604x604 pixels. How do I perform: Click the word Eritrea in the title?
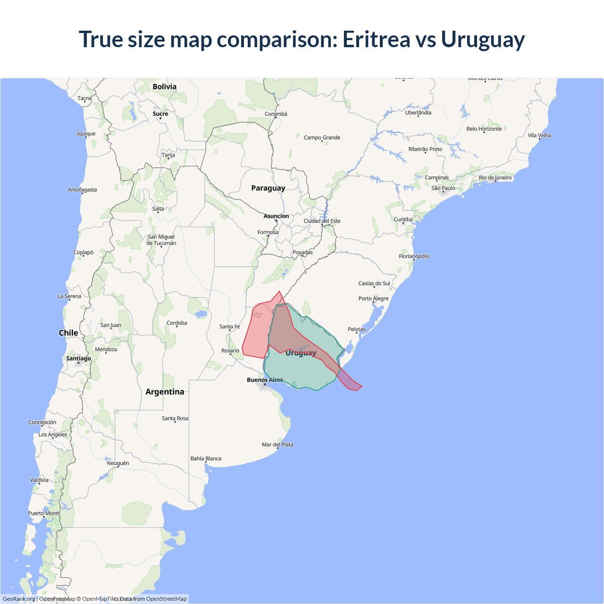click(x=376, y=39)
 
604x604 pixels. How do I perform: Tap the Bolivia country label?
click(x=165, y=87)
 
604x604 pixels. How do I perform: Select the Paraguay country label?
click(x=268, y=188)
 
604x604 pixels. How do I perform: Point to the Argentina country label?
click(x=165, y=392)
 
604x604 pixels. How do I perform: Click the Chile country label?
click(x=68, y=333)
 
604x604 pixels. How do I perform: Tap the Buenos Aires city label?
click(x=265, y=380)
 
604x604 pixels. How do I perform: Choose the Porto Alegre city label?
click(x=373, y=298)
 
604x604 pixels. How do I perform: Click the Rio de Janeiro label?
click(x=495, y=178)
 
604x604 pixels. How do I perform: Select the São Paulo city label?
click(x=443, y=188)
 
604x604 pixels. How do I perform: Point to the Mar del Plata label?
click(x=277, y=445)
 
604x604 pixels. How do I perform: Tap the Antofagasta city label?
click(x=82, y=190)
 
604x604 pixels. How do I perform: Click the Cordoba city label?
click(x=176, y=323)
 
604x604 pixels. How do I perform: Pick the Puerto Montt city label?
click(x=44, y=513)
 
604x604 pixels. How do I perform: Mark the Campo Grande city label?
click(x=322, y=137)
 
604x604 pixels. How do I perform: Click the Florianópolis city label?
click(x=414, y=256)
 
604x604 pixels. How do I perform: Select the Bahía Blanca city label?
click(x=206, y=458)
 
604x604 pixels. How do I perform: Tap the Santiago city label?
click(x=78, y=358)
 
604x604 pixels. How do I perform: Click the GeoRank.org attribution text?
click(x=19, y=599)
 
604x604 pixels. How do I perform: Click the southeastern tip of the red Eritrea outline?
click(x=361, y=386)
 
